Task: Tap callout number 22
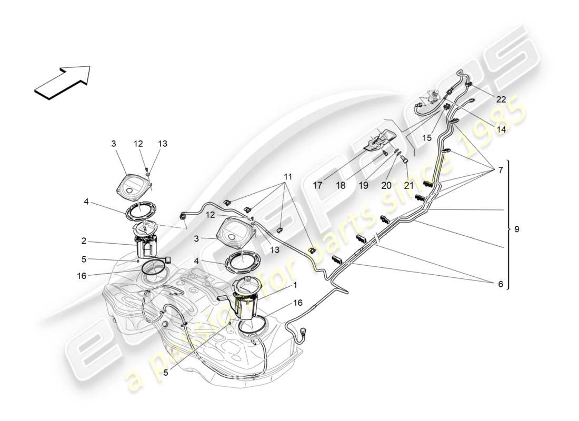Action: click(501, 99)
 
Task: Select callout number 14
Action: click(501, 128)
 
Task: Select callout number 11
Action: click(287, 177)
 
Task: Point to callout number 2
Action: click(84, 242)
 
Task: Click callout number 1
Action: click(295, 285)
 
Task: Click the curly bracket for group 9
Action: click(508, 224)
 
